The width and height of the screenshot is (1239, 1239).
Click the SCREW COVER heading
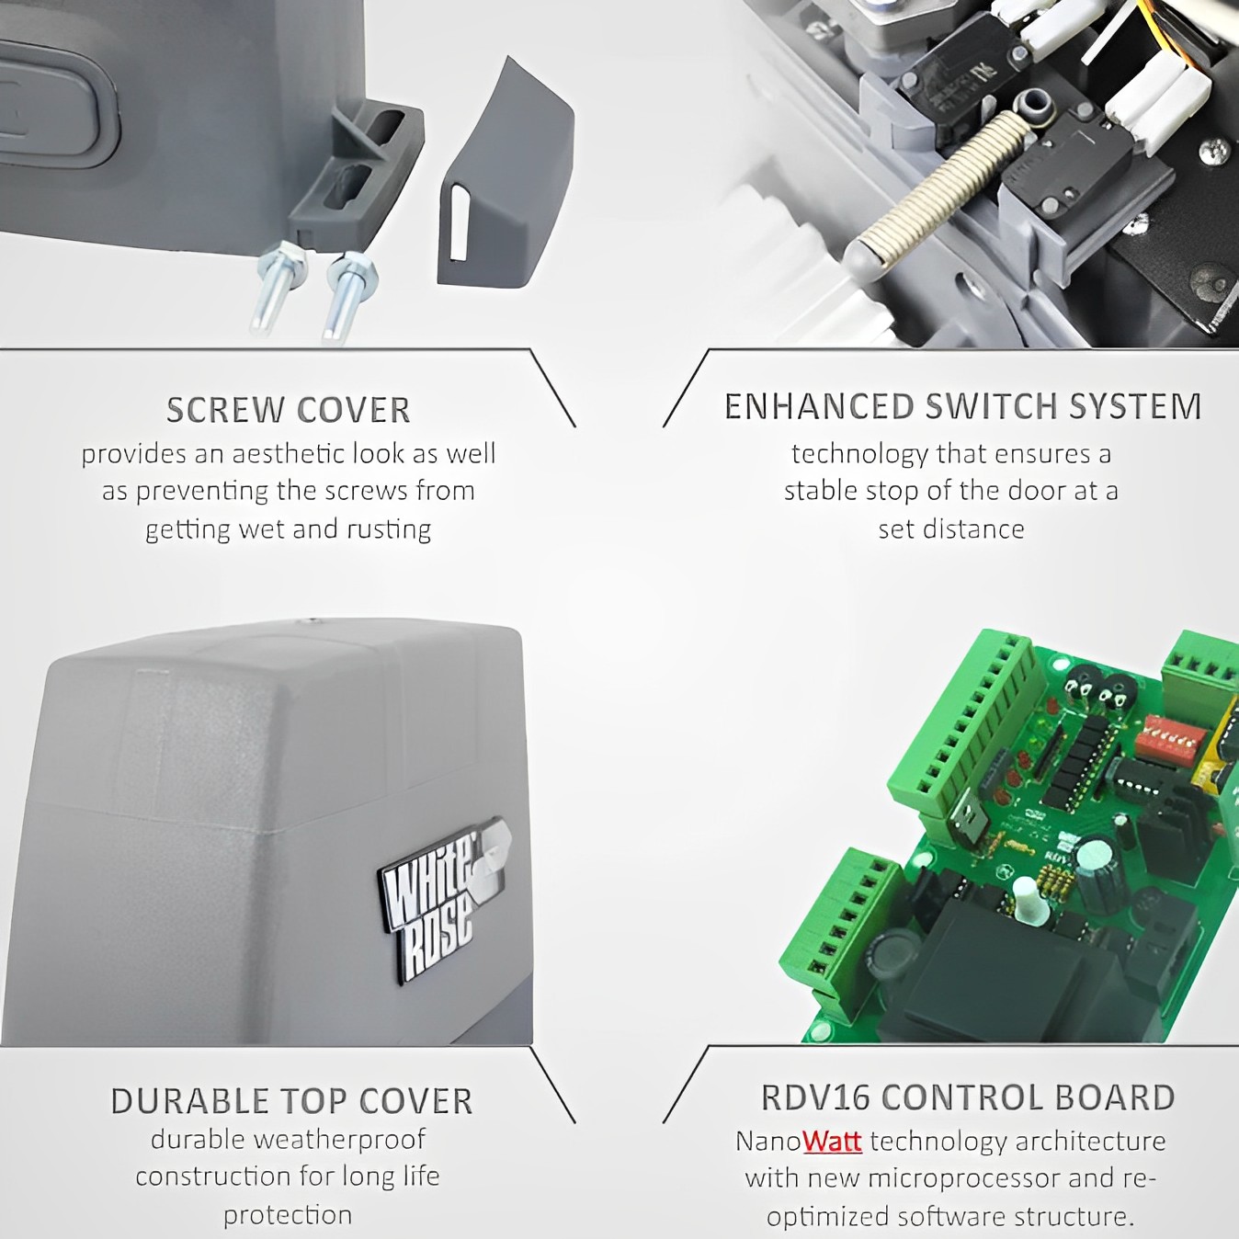pos(288,410)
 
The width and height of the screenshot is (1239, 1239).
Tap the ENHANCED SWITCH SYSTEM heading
pos(962,406)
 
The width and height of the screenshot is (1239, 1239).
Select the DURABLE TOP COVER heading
pos(291,1101)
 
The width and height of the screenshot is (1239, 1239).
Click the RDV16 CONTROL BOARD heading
pos(968,1097)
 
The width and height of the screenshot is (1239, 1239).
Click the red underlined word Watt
pos(833,1142)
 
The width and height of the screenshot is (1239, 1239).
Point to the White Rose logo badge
pos(441,899)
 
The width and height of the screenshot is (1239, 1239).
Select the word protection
pos(288,1216)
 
